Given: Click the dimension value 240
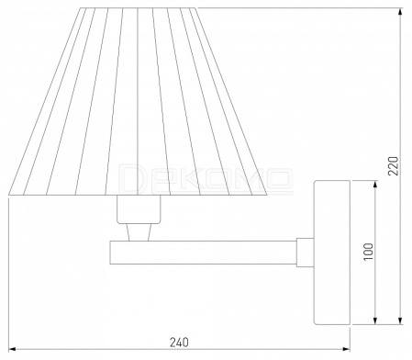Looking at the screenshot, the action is click(x=179, y=343).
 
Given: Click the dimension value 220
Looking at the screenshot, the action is click(x=394, y=165).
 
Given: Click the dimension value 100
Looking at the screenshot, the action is click(x=369, y=252).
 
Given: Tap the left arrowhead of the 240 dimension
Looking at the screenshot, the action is click(x=12, y=349).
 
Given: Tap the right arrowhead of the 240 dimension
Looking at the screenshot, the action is click(x=347, y=349).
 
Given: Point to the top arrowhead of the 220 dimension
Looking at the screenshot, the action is click(x=400, y=12).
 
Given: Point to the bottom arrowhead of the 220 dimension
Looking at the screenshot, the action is click(x=400, y=321).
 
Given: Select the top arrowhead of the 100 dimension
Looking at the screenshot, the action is click(x=375, y=185).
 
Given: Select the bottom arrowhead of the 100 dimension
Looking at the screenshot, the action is click(x=375, y=321).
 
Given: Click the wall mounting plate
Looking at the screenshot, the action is click(x=332, y=253).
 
